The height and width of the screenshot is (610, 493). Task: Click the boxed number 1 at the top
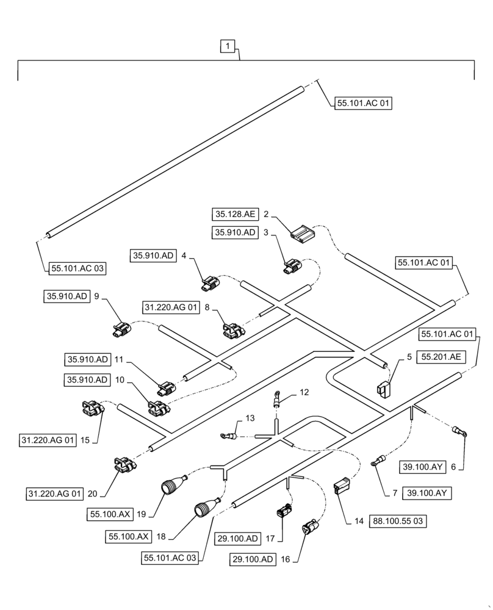(227, 46)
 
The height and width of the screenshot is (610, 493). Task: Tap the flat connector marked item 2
(303, 232)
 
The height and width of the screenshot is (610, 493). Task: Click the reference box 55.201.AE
(439, 359)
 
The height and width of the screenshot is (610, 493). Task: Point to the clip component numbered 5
(383, 388)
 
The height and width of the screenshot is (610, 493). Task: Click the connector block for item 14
(342, 489)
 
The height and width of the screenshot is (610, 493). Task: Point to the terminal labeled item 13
(229, 436)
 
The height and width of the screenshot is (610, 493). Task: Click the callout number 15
(84, 439)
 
